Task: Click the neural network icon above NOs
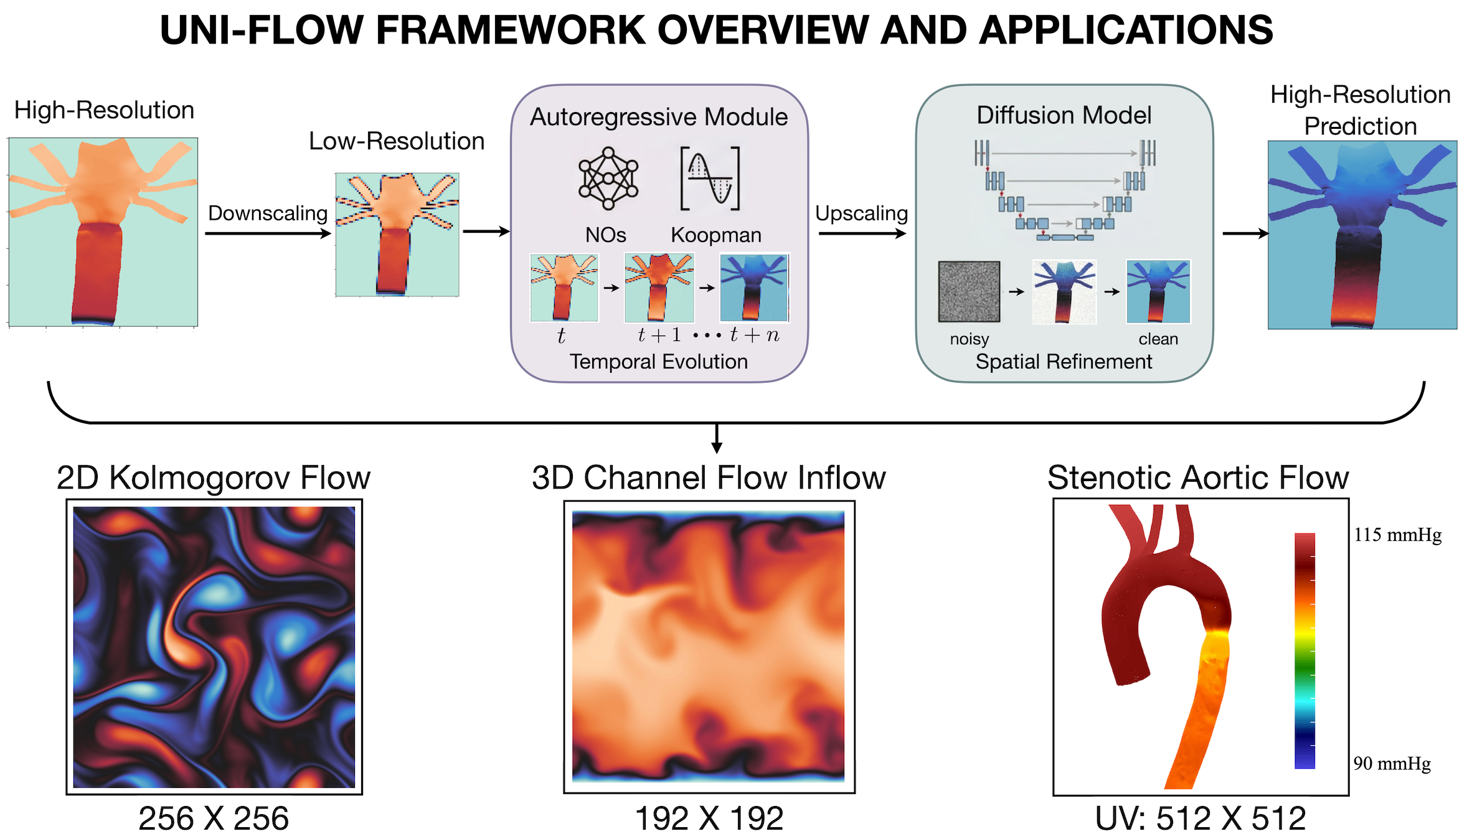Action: [608, 179]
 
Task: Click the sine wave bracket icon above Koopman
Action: [710, 179]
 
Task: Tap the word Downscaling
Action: [268, 213]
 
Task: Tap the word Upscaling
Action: [861, 213]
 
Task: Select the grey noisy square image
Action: [969, 291]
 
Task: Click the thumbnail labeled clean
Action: [1158, 291]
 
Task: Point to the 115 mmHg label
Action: [1397, 535]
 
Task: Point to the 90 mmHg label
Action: [1392, 764]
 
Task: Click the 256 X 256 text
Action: [214, 818]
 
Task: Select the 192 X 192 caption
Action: [709, 818]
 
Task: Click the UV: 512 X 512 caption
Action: [1200, 818]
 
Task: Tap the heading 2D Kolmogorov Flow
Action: [214, 478]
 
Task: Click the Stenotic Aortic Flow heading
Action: [1198, 478]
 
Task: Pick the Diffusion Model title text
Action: [1064, 115]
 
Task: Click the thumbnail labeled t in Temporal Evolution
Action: [564, 288]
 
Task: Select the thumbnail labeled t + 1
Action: [659, 288]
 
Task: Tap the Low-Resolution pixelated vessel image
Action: [397, 235]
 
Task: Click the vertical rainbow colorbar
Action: [1304, 650]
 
